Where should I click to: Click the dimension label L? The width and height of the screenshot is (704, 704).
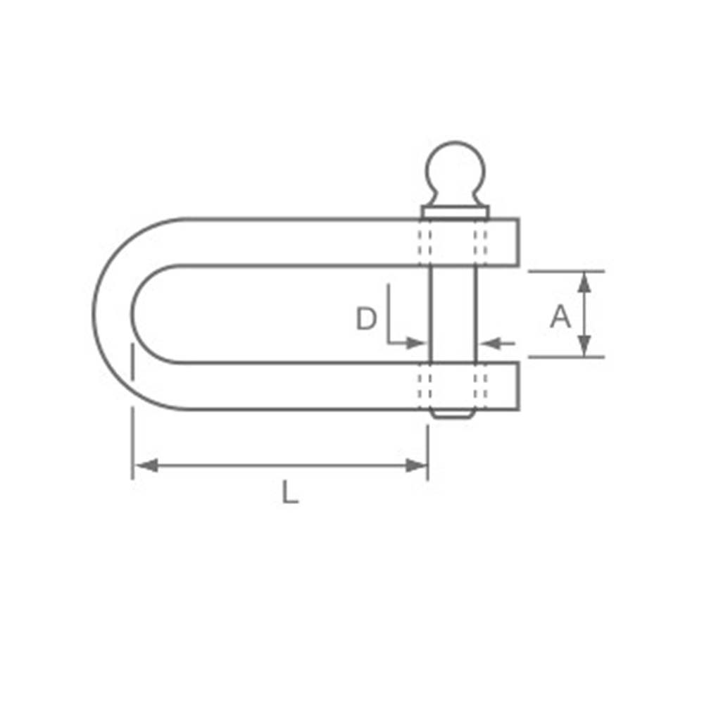coord(289,492)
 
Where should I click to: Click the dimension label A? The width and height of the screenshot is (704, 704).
coord(560,318)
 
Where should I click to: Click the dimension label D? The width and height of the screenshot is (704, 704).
coord(366,320)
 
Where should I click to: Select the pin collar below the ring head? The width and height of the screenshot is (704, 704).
coord(455,211)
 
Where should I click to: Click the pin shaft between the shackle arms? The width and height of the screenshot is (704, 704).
coord(453,313)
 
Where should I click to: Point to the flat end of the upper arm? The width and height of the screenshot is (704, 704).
coord(518,241)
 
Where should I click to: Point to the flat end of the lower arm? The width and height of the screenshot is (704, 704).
coord(518,386)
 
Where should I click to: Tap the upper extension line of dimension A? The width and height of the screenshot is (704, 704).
coord(566,271)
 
